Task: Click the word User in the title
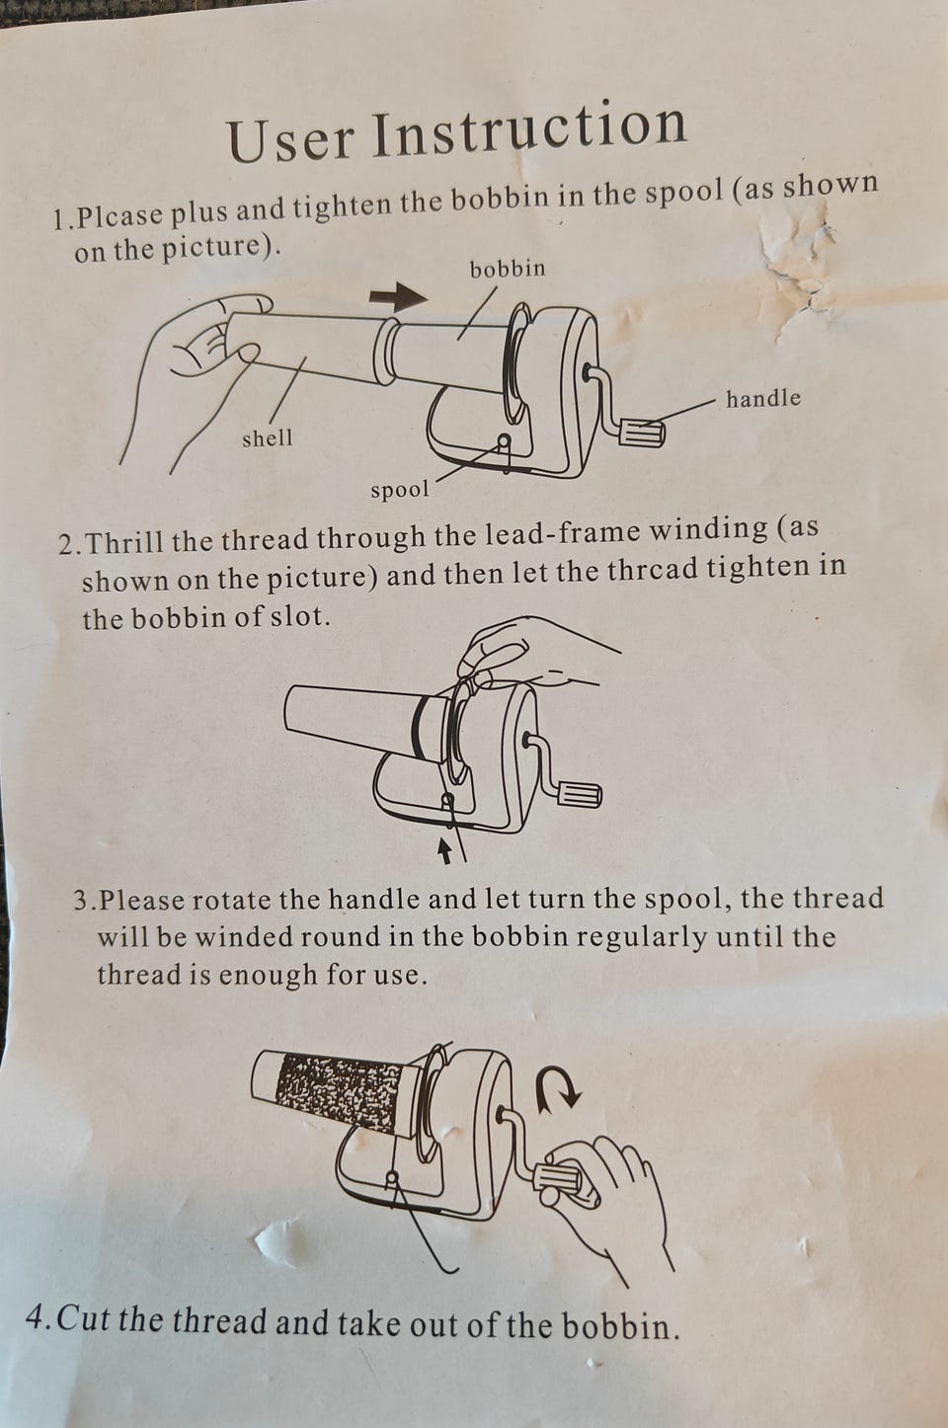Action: point(289,139)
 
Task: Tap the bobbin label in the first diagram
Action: point(508,269)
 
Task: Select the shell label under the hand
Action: point(268,437)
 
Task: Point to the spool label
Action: point(400,490)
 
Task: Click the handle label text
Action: point(763,398)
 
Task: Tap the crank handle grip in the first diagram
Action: point(641,432)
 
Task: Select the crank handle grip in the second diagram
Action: point(579,796)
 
